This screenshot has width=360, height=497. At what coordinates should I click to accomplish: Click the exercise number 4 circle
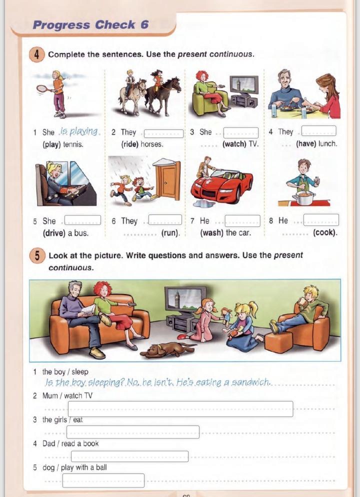point(37,54)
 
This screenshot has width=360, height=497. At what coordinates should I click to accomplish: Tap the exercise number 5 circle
point(37,256)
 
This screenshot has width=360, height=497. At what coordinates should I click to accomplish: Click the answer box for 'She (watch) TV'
point(241,133)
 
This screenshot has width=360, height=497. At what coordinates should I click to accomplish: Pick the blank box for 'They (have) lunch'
point(318,131)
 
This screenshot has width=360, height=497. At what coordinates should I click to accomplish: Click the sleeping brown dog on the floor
point(168,350)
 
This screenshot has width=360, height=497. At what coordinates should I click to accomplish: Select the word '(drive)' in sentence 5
point(53,233)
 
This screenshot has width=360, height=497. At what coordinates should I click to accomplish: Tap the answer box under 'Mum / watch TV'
point(180,409)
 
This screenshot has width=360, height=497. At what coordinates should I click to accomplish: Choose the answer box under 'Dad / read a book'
point(129,456)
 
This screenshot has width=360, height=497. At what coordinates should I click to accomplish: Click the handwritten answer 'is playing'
point(79,131)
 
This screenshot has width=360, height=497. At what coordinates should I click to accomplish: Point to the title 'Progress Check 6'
point(90,24)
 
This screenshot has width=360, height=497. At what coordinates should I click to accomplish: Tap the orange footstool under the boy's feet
point(278,342)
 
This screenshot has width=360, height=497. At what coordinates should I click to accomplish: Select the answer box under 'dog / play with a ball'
point(103,480)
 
